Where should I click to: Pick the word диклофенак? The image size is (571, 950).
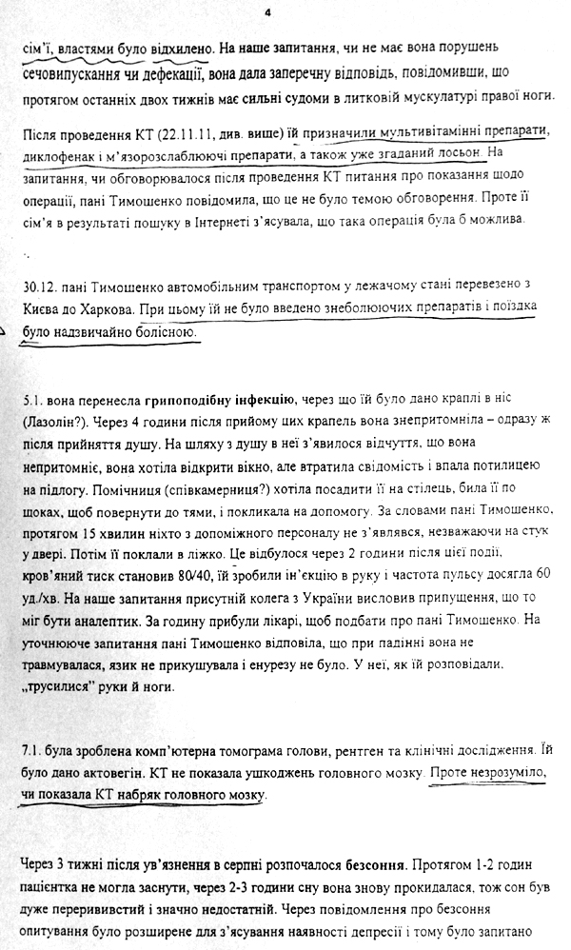(60, 152)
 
